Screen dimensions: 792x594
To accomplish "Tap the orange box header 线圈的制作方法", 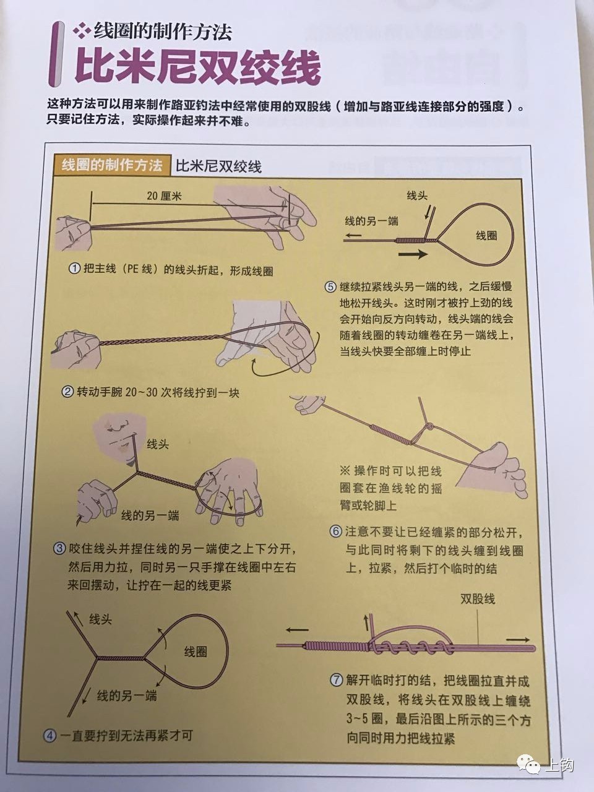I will tap(112, 165).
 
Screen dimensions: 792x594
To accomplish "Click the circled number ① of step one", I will tap(74, 270).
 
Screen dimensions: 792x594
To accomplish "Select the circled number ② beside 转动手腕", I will tap(67, 392).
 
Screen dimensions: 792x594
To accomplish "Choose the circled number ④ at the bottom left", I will tap(49, 736).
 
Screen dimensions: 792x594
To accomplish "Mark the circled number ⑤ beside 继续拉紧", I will tap(330, 287).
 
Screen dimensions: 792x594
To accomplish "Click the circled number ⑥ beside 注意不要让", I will tap(335, 532).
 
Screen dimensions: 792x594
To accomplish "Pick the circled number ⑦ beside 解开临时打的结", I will tap(335, 680).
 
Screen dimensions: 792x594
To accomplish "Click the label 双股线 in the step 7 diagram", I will tap(477, 599).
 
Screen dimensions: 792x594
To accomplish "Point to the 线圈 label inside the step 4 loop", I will tap(196, 652).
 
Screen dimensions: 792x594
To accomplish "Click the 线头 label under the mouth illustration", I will tap(157, 444).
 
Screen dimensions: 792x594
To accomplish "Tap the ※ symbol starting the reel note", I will tap(345, 468).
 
